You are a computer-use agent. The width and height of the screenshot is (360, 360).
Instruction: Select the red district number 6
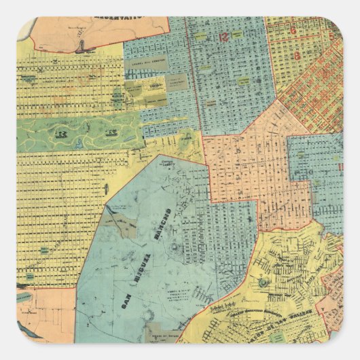tap(293, 31)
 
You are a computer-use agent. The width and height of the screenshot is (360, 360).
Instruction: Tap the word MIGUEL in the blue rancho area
tap(145, 265)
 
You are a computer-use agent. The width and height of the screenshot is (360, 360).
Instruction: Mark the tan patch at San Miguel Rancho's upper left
tap(126, 230)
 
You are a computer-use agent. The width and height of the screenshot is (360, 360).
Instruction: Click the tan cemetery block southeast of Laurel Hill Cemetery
tap(177, 82)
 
